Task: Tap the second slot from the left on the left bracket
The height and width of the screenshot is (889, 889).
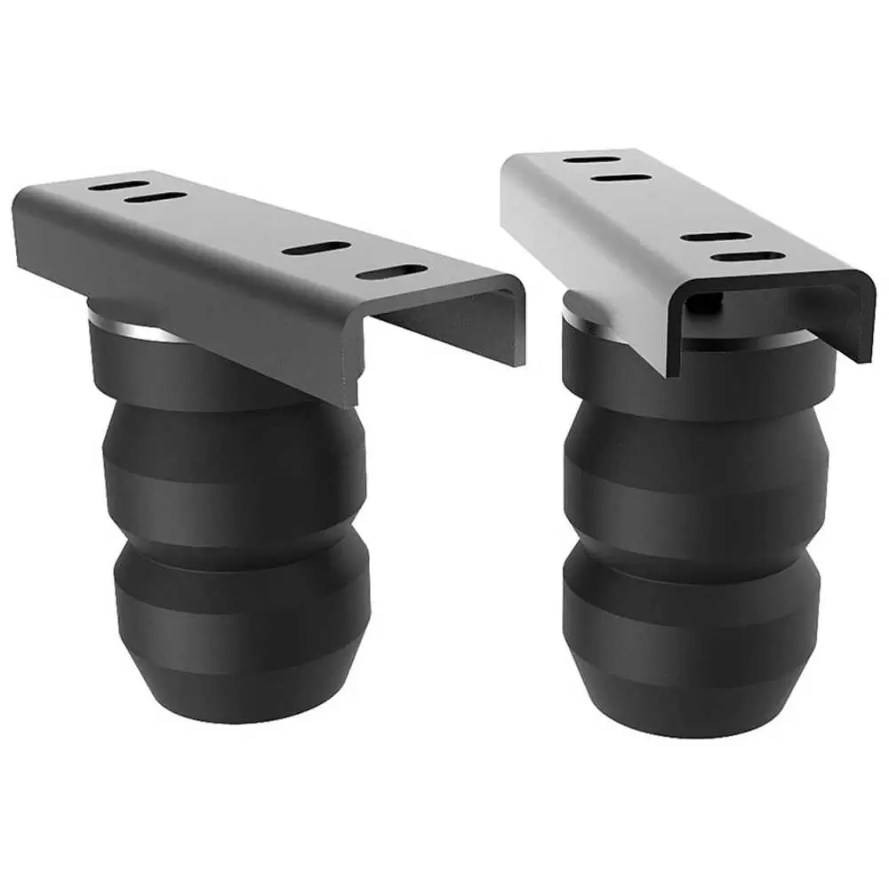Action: point(156,196)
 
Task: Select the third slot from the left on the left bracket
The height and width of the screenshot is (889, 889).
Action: point(316,248)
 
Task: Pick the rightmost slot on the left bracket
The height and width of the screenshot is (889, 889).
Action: point(390,272)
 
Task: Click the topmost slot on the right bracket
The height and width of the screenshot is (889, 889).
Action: point(592,159)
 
